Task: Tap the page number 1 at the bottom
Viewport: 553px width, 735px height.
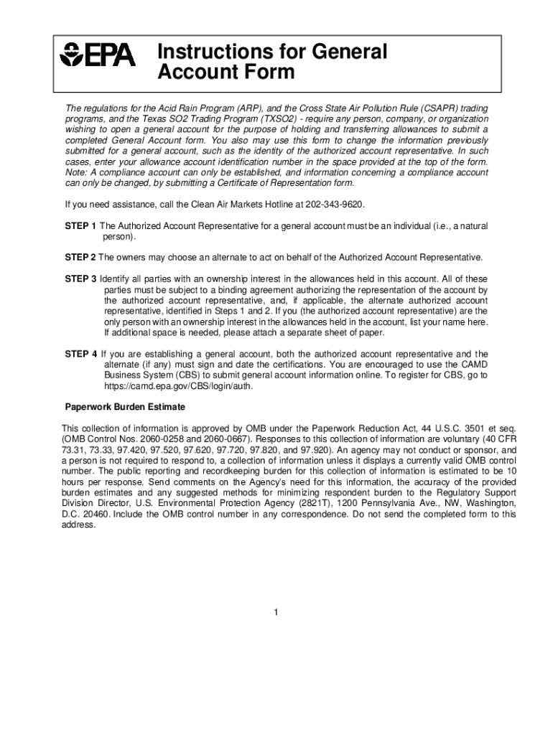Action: [x=276, y=612]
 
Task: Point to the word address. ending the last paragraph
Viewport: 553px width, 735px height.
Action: [x=78, y=525]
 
